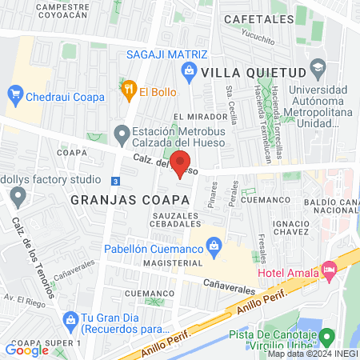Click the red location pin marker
[181, 163]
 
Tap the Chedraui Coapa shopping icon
[15, 94]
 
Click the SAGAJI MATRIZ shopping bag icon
[189, 71]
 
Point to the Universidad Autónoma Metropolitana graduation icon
[317, 67]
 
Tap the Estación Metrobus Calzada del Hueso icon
[122, 132]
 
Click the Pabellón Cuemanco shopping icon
[214, 246]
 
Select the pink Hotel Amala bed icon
[328, 271]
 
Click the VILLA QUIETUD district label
[243, 72]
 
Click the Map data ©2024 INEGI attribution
[312, 354]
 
